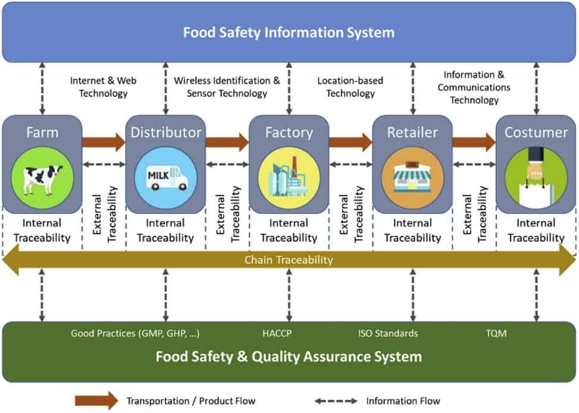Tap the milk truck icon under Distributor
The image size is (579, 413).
point(166,177)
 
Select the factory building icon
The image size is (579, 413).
point(289,177)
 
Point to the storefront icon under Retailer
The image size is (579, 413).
point(412,177)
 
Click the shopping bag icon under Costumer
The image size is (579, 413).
point(536,177)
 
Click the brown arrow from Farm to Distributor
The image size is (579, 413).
point(104,142)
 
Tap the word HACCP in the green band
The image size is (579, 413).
point(277,333)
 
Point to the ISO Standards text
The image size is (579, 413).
point(387,333)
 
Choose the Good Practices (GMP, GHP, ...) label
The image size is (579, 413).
point(135,333)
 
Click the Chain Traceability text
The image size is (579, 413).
point(289,260)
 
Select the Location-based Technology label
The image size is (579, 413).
point(350,87)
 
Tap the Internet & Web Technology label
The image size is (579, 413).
point(99,87)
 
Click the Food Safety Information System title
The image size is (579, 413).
point(289,32)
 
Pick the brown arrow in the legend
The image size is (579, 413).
point(96,401)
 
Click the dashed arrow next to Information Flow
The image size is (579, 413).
point(336,401)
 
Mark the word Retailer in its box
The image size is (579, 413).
point(412,132)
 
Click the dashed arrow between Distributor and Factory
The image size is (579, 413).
point(227,164)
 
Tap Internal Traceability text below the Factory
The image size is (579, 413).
point(289,231)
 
